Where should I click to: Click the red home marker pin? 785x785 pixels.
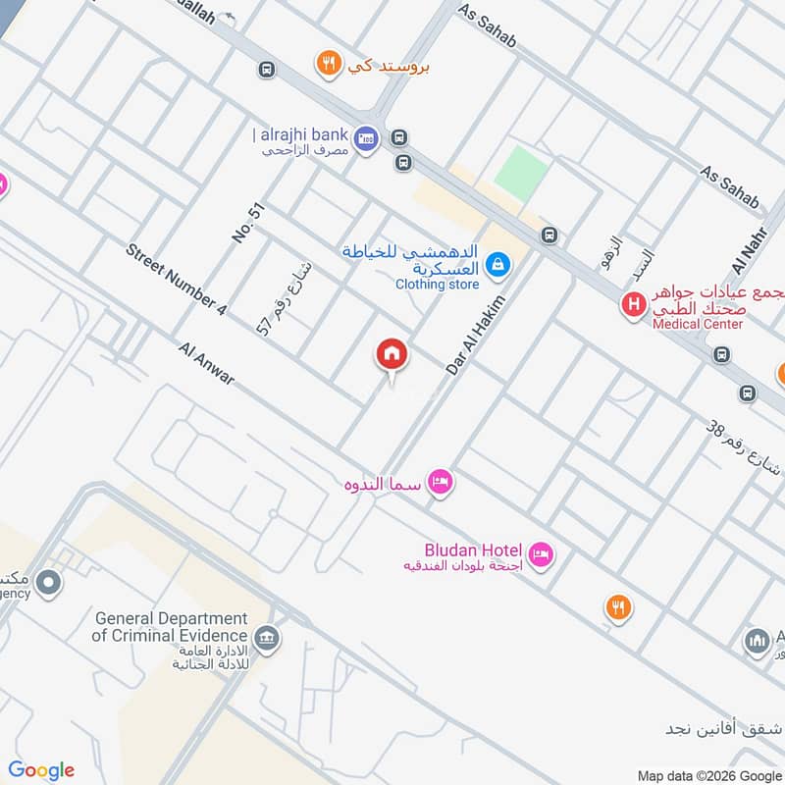click(391, 355)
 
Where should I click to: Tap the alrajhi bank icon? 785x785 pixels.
click(366, 139)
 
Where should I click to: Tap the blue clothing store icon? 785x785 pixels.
click(498, 263)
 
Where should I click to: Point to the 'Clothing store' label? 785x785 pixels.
click(437, 285)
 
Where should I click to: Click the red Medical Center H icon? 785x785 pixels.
click(634, 305)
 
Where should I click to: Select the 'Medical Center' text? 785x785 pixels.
click(699, 324)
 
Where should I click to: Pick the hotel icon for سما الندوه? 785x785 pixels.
click(441, 482)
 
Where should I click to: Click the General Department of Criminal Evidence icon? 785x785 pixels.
click(266, 640)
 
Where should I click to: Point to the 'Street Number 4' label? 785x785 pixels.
click(177, 280)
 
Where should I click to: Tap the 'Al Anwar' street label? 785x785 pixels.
click(207, 363)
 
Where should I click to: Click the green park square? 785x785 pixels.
click(520, 173)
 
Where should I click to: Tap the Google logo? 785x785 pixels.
click(41, 770)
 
